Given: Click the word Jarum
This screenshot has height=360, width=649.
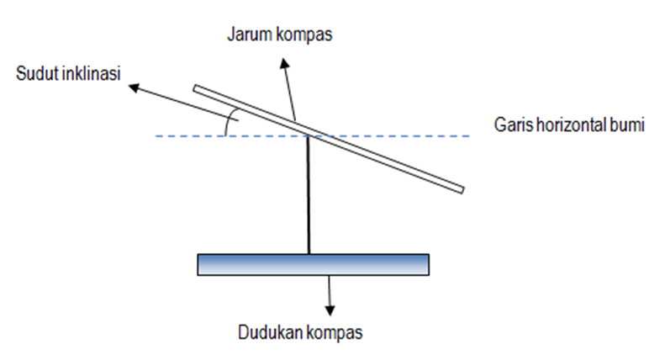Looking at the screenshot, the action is click(247, 34).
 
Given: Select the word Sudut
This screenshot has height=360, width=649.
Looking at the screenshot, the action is click(36, 74).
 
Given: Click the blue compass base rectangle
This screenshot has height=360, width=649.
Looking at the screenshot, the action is click(313, 264).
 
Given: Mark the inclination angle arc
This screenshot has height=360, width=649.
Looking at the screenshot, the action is click(230, 124).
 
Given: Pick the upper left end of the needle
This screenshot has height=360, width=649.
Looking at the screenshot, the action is click(196, 88).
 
